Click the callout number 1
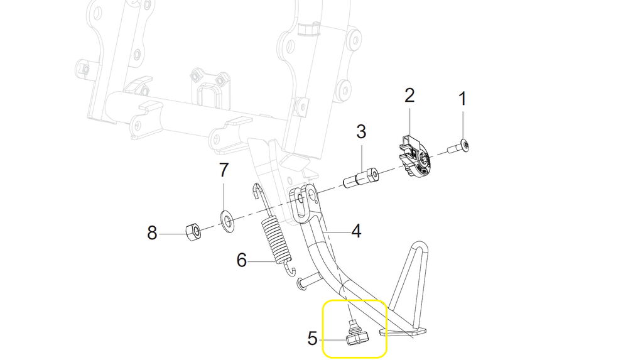click(463, 99)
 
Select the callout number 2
click(409, 95)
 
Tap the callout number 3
click(361, 132)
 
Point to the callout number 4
click(356, 232)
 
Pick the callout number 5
click(313, 339)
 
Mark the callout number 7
click(224, 170)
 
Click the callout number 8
click(152, 233)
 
